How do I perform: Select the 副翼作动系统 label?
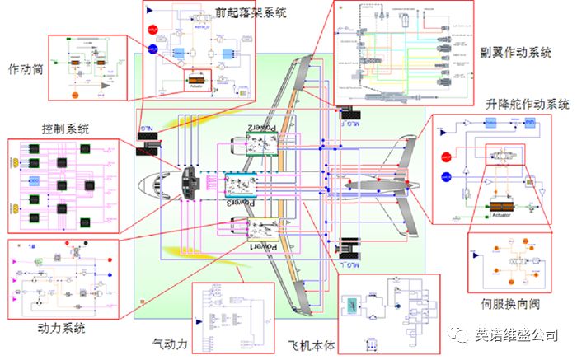[x=516, y=52]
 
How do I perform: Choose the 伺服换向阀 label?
[x=510, y=304]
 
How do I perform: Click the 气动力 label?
[x=171, y=341]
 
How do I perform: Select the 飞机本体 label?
[x=309, y=341]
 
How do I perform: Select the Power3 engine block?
[x=252, y=192]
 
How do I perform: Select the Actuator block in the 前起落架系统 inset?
[x=196, y=82]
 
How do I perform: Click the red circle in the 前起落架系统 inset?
[x=151, y=30]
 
